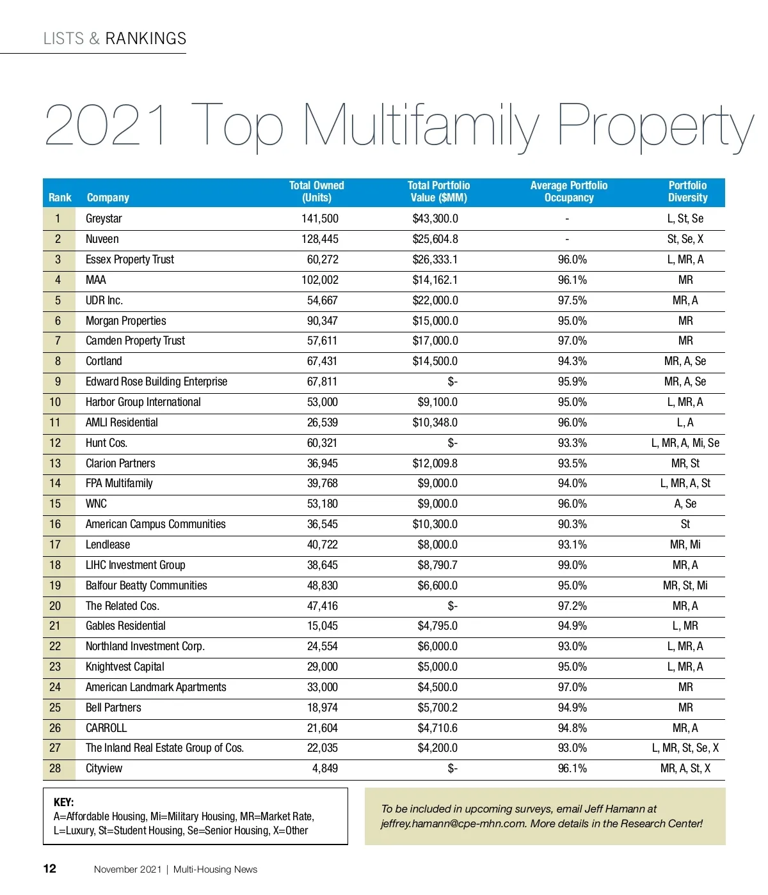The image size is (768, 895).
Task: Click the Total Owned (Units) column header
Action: [x=316, y=192]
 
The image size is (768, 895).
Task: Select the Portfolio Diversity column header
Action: [x=687, y=192]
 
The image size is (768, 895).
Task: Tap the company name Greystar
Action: [x=104, y=219]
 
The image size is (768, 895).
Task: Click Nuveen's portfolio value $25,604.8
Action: [x=435, y=239]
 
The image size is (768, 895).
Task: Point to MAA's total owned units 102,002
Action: [x=320, y=280]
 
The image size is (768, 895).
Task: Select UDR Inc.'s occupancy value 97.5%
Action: [x=572, y=300]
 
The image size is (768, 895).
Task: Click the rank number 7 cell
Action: [x=58, y=341]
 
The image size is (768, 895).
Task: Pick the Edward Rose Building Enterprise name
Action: [x=156, y=382]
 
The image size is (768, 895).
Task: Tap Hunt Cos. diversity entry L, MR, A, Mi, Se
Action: [x=685, y=443]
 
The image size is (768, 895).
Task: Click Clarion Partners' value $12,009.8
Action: [x=435, y=463]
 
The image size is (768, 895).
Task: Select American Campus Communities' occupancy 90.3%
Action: [x=572, y=524]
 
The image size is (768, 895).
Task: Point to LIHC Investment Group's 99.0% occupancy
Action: [x=572, y=565]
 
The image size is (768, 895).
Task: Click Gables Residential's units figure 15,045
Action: [x=322, y=626]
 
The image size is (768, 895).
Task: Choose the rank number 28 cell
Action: [x=56, y=768]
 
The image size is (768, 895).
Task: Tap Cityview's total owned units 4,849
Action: [x=325, y=768]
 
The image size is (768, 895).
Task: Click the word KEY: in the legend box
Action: [x=63, y=802]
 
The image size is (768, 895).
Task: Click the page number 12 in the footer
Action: [x=49, y=869]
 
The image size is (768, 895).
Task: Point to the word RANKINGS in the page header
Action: [x=146, y=38]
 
